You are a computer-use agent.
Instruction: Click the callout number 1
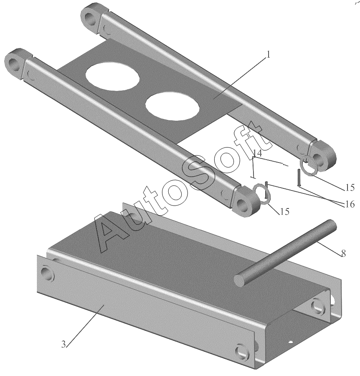(268, 55)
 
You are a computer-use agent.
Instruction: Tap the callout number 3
(63, 345)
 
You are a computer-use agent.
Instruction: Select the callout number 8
(343, 254)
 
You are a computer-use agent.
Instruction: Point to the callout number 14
(258, 153)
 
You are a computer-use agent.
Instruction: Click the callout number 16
(350, 204)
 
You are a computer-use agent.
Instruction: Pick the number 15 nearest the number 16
(350, 187)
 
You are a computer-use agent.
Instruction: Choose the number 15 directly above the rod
(284, 211)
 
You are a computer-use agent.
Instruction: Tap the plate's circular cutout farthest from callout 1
(113, 77)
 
